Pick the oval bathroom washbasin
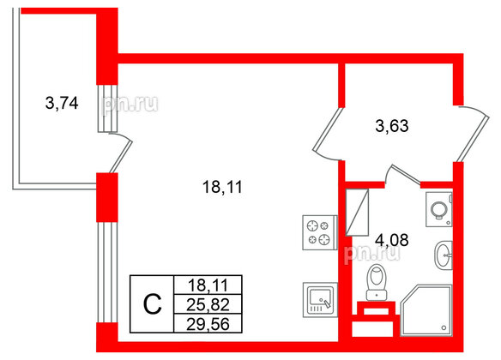coord(444,255)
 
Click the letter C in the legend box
coord(150,303)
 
